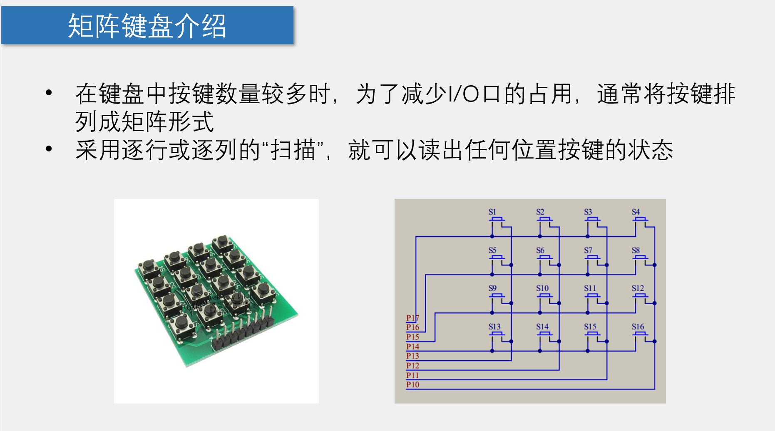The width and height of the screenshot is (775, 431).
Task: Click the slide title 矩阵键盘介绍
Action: [147, 26]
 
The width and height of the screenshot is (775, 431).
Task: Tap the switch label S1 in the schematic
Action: [492, 212]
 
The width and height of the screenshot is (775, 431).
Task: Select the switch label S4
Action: [636, 212]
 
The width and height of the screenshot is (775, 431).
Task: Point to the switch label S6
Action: [540, 250]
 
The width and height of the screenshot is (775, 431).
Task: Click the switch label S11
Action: [590, 288]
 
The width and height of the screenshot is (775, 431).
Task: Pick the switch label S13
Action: [494, 327]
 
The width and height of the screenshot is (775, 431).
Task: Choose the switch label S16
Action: [638, 327]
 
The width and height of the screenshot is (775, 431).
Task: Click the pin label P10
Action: [412, 384]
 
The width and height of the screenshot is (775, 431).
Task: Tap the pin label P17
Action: [412, 318]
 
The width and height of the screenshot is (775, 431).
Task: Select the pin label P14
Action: [412, 347]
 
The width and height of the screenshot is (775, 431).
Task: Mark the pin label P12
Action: [412, 366]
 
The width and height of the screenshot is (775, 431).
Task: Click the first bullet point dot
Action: [49, 93]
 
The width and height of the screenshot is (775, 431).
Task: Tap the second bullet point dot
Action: [49, 149]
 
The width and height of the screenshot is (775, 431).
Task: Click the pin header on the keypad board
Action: [241, 331]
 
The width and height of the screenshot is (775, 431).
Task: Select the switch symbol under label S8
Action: [640, 258]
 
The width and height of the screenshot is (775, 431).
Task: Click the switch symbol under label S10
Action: [544, 296]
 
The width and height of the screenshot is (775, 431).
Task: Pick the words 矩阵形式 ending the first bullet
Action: [168, 122]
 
